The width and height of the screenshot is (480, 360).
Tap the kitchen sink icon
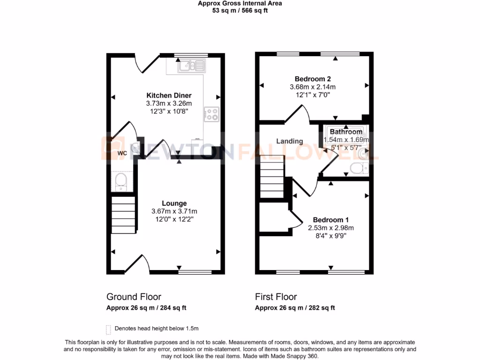click(191, 66)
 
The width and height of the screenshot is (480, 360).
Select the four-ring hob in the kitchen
click(211, 114)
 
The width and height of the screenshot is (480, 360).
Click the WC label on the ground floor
click(122, 153)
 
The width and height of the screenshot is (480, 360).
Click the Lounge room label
click(174, 203)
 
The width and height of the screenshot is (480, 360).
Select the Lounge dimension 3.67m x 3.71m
click(174, 211)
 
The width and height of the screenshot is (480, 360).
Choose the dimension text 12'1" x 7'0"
click(313, 95)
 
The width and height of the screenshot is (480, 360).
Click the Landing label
click(289, 141)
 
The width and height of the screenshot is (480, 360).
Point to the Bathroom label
click(346, 132)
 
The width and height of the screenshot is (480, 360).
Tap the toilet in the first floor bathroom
click(358, 168)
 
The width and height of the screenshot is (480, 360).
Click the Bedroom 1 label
click(331, 220)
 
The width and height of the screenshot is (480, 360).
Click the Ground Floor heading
click(134, 297)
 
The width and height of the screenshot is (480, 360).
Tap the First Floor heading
click(276, 297)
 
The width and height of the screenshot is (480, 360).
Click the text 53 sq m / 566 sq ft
click(240, 10)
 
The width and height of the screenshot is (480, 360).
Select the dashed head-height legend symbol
click(109, 329)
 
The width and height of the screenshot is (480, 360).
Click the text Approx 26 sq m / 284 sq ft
click(146, 308)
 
